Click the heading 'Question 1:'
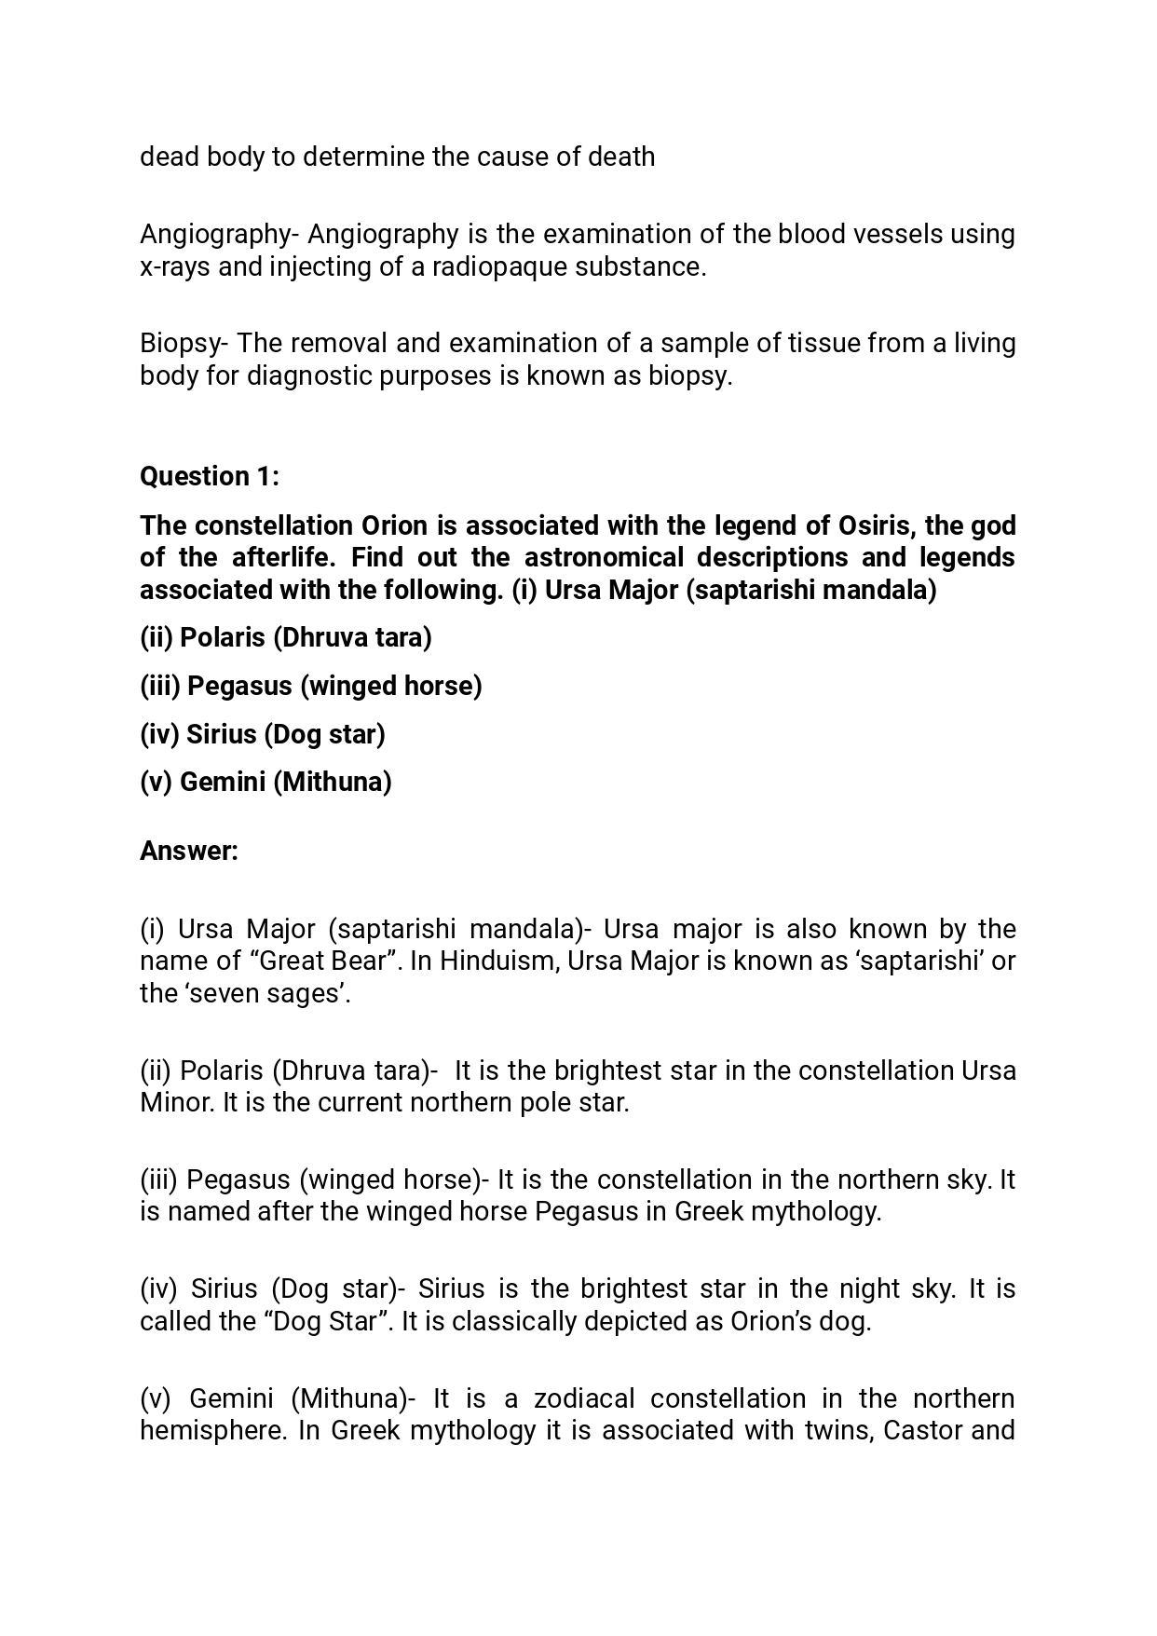pyautogui.click(x=209, y=476)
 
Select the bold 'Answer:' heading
pyautogui.click(x=188, y=851)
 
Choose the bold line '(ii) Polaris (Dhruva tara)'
pyautogui.click(x=285, y=638)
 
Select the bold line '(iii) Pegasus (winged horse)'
pyautogui.click(x=310, y=686)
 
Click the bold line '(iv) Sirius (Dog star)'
pyautogui.click(x=262, y=734)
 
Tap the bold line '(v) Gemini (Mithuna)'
pyautogui.click(x=265, y=782)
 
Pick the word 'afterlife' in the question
pyautogui.click(x=274, y=558)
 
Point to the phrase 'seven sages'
pyautogui.click(x=264, y=993)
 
